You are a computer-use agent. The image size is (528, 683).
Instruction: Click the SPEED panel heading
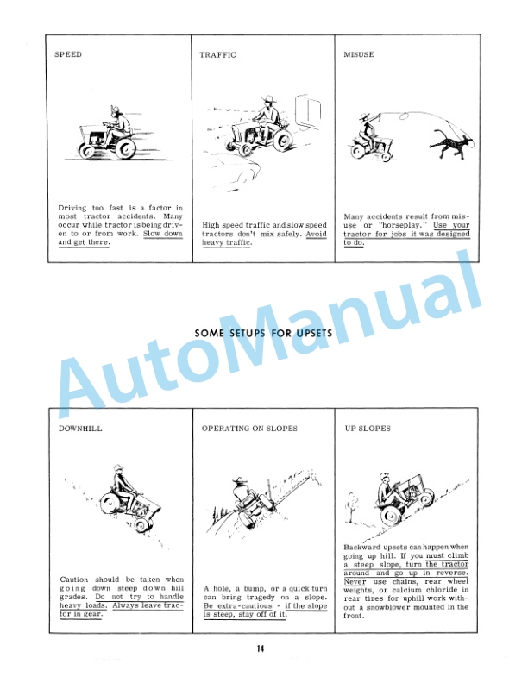coord(68,54)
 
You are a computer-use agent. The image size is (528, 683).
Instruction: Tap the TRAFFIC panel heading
coord(217,54)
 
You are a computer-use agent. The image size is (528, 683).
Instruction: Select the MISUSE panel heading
coord(358,54)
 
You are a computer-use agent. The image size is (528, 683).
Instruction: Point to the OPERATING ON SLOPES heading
coord(249,428)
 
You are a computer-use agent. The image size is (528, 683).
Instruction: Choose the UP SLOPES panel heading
coord(368,428)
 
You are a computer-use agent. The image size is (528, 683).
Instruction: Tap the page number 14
coord(264,649)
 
